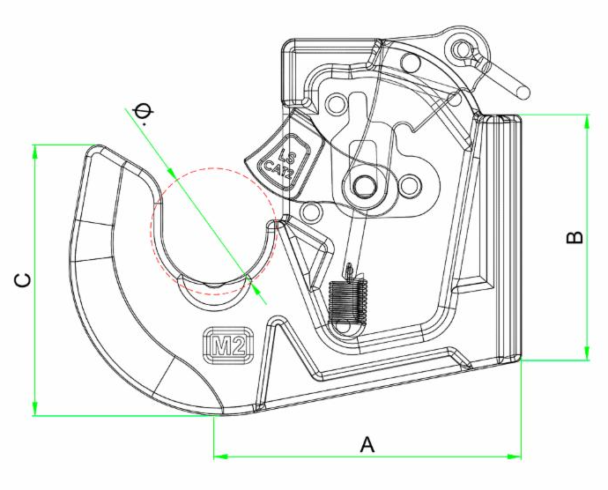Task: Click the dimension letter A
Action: pos(367,445)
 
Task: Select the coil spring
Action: pos(346,304)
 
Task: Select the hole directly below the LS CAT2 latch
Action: pos(308,212)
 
